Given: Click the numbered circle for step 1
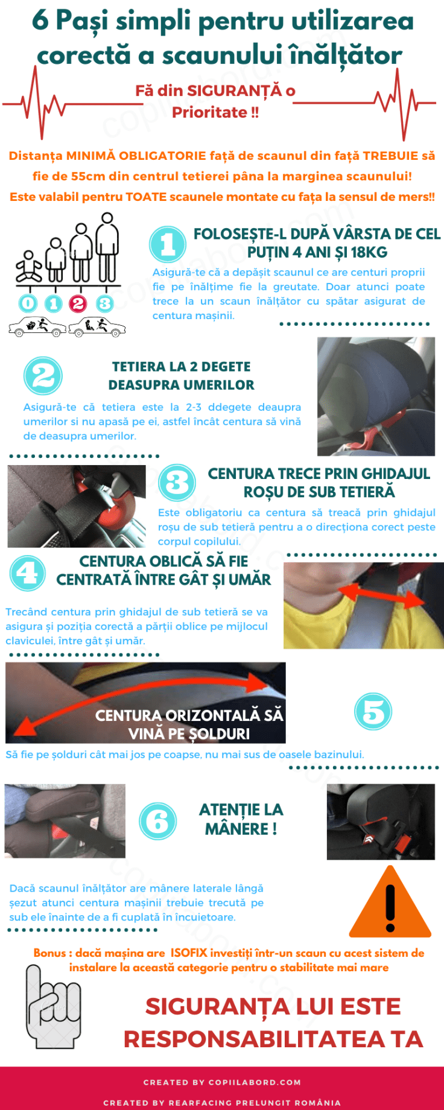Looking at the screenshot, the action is pyautogui.click(x=168, y=244).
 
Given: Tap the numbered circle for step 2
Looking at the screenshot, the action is pyautogui.click(x=43, y=375).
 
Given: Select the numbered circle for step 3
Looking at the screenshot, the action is pyautogui.click(x=177, y=482).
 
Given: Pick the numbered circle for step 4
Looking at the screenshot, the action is pyautogui.click(x=28, y=572).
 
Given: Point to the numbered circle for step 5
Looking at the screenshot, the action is pyautogui.click(x=373, y=711).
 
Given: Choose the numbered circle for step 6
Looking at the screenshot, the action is pyautogui.click(x=158, y=821).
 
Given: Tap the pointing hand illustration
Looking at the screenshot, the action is pyautogui.click(x=53, y=1006).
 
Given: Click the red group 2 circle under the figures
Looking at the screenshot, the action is pyautogui.click(x=78, y=303).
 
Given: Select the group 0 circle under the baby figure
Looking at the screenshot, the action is pyautogui.click(x=28, y=303).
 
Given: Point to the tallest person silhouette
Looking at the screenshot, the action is pyautogui.click(x=107, y=247).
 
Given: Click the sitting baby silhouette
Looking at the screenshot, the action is pyautogui.click(x=28, y=266).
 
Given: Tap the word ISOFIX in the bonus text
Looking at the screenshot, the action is pyautogui.click(x=188, y=953).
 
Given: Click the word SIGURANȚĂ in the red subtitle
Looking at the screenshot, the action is pyautogui.click(x=235, y=90).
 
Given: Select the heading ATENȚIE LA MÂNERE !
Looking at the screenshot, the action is pyautogui.click(x=241, y=819).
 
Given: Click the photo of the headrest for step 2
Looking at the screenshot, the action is pyautogui.click(x=376, y=396).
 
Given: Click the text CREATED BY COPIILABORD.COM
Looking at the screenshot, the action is pyautogui.click(x=222, y=1082).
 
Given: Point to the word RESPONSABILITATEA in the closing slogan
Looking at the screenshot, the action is pyautogui.click(x=253, y=1039).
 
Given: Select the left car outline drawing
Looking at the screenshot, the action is pyautogui.click(x=37, y=327).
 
